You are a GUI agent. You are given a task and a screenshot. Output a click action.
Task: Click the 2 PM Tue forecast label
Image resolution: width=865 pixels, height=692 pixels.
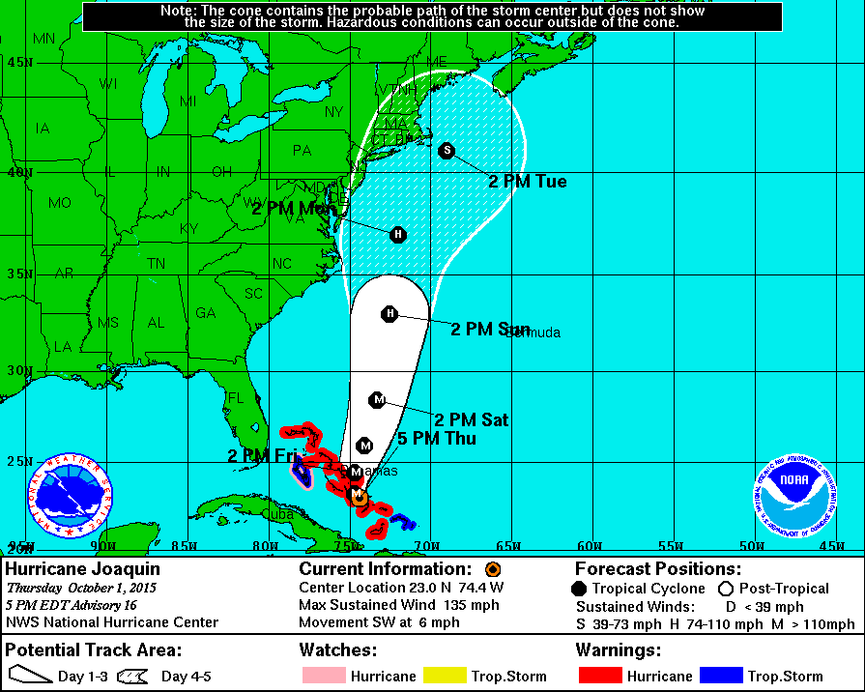click(527, 182)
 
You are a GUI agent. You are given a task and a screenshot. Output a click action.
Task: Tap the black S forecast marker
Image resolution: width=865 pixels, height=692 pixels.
click(446, 150)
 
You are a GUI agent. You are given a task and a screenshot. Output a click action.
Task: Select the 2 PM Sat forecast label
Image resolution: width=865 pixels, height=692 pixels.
click(471, 420)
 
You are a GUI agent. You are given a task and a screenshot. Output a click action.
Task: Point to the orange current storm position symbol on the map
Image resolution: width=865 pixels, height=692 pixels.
click(359, 498)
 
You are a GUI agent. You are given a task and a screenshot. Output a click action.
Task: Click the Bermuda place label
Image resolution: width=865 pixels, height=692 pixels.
click(533, 333)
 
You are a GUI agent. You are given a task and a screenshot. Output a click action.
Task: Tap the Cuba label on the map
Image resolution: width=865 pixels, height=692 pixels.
click(278, 514)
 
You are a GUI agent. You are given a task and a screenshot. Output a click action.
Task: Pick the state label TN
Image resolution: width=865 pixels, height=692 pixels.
click(156, 263)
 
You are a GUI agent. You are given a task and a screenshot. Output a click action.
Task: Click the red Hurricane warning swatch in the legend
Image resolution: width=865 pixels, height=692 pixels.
click(598, 676)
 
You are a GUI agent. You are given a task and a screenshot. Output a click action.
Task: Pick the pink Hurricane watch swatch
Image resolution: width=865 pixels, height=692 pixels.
click(322, 676)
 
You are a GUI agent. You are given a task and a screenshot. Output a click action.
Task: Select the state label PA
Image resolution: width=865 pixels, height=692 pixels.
click(302, 150)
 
